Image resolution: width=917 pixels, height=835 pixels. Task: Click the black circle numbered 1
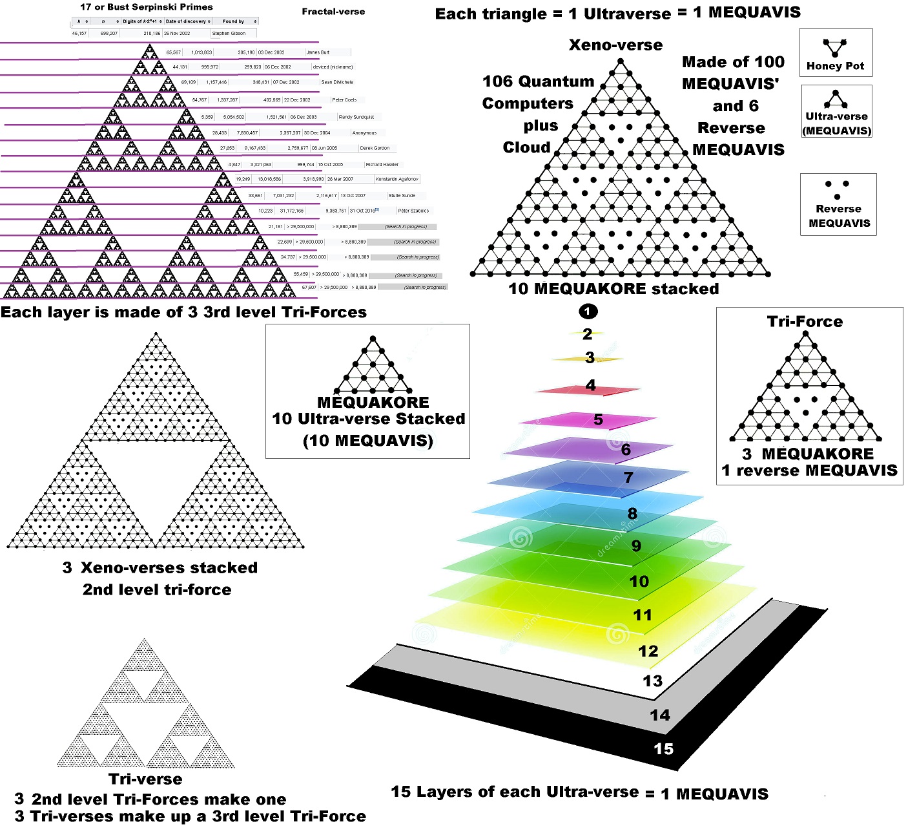(587, 312)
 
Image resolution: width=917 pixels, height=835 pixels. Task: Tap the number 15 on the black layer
(663, 749)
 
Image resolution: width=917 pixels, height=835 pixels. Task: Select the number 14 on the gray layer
(659, 715)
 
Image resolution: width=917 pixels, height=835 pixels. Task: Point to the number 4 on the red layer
(590, 386)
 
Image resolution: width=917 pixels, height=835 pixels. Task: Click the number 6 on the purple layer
(626, 450)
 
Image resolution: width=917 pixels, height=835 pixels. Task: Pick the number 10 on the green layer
(639, 582)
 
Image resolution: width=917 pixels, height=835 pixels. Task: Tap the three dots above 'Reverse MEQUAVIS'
(837, 189)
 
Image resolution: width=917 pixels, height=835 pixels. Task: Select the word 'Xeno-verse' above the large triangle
(615, 45)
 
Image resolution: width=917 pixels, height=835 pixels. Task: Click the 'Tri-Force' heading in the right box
(805, 321)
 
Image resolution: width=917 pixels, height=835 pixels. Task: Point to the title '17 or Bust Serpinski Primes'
(146, 7)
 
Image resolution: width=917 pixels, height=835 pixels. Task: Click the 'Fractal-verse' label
(333, 12)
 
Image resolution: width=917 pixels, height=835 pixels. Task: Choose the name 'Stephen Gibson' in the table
(229, 33)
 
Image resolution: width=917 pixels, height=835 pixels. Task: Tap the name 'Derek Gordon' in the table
(375, 148)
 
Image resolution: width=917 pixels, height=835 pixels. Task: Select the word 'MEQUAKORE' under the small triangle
(373, 402)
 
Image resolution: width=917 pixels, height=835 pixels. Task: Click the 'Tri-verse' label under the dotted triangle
(145, 779)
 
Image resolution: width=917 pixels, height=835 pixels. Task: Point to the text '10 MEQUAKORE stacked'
(613, 289)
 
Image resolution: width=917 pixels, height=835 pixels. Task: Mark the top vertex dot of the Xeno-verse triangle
(620, 62)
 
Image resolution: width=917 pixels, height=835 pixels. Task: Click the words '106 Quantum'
(538, 81)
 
